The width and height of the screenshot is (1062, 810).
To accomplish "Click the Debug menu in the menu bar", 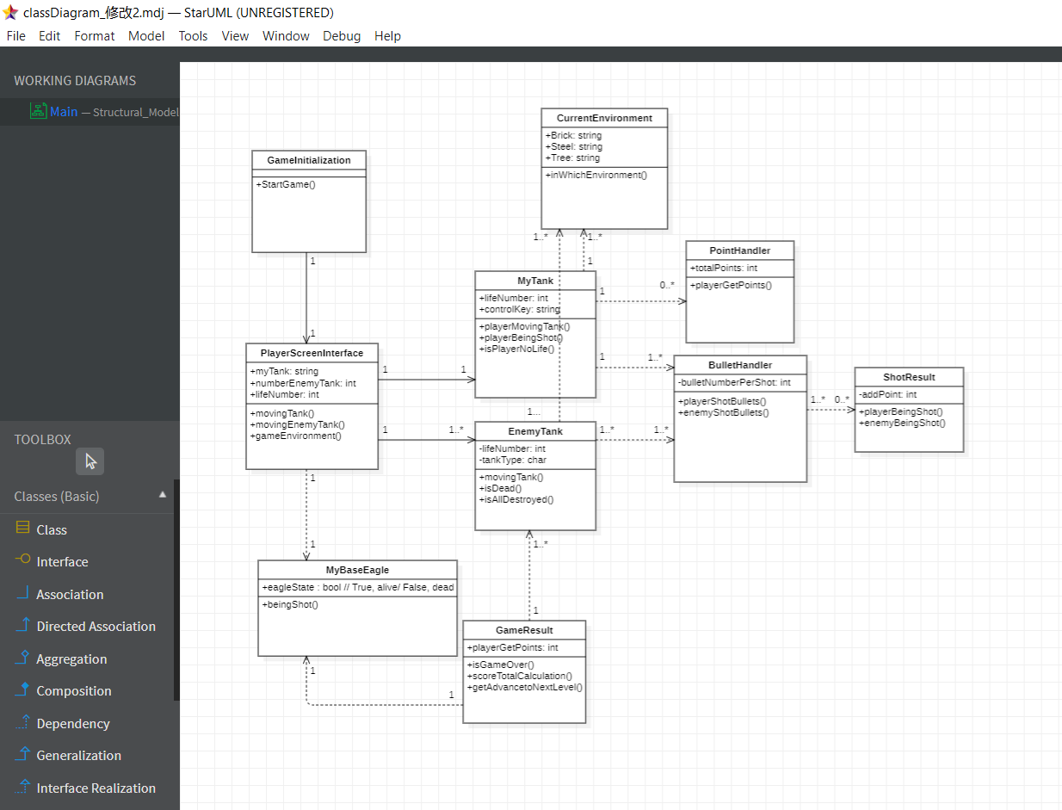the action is pos(342,36).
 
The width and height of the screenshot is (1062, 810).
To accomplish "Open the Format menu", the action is pos(94,36).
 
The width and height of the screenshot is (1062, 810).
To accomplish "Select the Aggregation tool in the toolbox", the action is pos(71,659).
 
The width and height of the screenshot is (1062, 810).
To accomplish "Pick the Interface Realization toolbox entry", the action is pos(96,788).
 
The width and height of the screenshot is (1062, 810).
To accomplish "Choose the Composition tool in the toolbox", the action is pos(73,691).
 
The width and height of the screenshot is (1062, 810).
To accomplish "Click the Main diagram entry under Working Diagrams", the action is pos(64,112).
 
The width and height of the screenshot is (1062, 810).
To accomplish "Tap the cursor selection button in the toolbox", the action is pos(90,461).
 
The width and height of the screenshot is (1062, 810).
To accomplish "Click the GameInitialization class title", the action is pos(309,160).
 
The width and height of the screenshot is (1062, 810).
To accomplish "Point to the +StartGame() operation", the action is pos(286,184).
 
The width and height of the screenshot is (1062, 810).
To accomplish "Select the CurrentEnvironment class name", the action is pos(604,118).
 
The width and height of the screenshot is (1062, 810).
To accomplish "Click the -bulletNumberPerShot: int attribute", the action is pos(734,382).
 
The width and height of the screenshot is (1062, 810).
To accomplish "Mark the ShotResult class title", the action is pos(909,377).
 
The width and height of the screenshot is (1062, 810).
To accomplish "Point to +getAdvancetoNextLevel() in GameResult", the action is pos(525,687).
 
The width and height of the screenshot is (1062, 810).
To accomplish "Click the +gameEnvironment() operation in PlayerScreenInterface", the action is pos(296,436).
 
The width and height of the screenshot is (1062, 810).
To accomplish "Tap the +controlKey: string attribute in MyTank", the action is pos(520,309).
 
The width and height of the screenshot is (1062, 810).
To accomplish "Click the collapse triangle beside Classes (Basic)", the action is pos(163,495).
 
